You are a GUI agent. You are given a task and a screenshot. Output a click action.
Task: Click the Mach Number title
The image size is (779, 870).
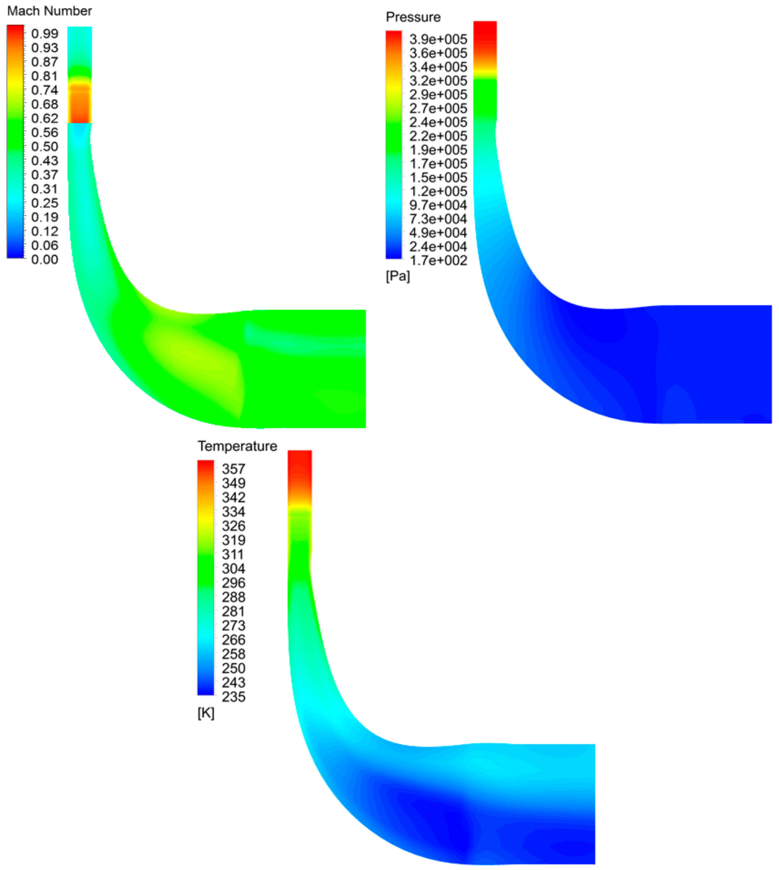click(50, 11)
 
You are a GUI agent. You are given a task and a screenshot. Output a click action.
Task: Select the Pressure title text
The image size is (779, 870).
click(413, 17)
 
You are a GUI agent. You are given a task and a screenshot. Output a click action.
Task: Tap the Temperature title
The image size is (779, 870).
click(237, 446)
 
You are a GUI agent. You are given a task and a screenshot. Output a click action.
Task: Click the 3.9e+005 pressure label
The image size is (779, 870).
click(438, 40)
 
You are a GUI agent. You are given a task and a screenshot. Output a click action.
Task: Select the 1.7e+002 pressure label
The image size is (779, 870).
click(438, 260)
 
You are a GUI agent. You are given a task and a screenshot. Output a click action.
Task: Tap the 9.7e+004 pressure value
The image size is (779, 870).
click(438, 205)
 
